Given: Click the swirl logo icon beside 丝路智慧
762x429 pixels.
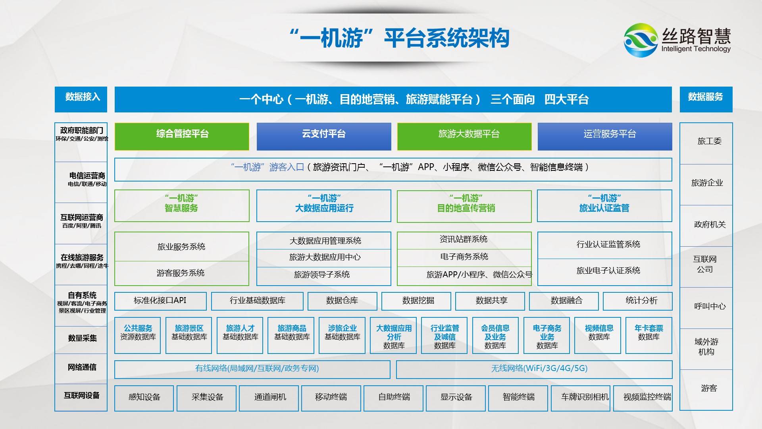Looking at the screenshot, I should click(x=640, y=40).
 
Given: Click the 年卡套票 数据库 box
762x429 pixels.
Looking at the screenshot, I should click(x=648, y=335).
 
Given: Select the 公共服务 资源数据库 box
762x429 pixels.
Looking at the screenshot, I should click(x=137, y=335).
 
